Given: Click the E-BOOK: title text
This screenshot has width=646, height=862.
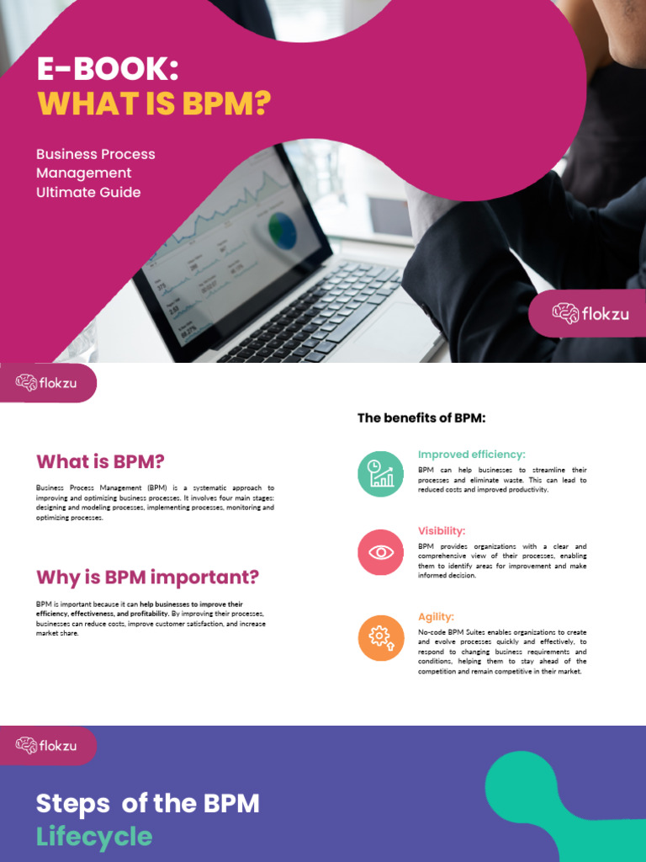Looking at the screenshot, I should pyautogui.click(x=108, y=69).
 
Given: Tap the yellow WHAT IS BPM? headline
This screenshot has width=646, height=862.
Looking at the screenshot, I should pyautogui.click(x=154, y=104).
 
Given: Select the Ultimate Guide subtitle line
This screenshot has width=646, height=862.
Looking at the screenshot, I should pyautogui.click(x=88, y=192).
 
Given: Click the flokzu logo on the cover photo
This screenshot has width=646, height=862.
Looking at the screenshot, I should pyautogui.click(x=590, y=314).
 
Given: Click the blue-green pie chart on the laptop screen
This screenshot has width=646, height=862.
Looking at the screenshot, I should pyautogui.click(x=283, y=230).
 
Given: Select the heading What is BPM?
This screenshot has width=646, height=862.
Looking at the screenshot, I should pyautogui.click(x=100, y=461).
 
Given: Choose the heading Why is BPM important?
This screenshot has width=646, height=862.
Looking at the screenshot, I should pyautogui.click(x=147, y=577).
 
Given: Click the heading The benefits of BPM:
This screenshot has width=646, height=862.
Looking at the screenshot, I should pyautogui.click(x=421, y=418).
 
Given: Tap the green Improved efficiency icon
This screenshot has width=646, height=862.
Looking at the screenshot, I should pyautogui.click(x=381, y=474).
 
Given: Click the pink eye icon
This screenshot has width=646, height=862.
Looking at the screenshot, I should pyautogui.click(x=381, y=552).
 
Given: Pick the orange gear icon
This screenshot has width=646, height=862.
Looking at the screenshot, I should pyautogui.click(x=381, y=637).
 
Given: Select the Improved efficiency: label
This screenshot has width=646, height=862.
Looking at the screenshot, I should pyautogui.click(x=471, y=455).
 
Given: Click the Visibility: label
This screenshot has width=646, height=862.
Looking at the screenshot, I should pyautogui.click(x=442, y=531).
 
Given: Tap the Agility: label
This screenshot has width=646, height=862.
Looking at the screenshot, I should pyautogui.click(x=436, y=617).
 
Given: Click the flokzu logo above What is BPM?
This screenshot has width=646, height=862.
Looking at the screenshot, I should pyautogui.click(x=46, y=383).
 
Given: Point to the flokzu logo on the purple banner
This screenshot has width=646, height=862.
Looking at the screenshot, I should pyautogui.click(x=46, y=745).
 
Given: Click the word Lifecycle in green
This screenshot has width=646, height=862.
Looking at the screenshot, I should pyautogui.click(x=94, y=837).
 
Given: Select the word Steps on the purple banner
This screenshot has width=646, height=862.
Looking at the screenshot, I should pyautogui.click(x=73, y=804).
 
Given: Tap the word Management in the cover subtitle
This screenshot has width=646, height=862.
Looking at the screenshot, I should pyautogui.click(x=84, y=173).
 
